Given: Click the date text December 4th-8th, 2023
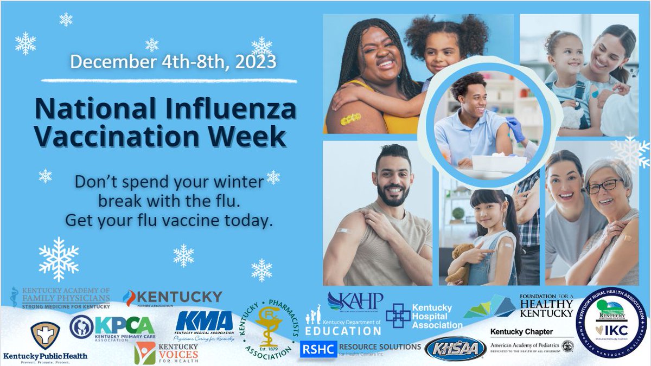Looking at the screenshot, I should pos(173,61).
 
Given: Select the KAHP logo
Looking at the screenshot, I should pos(355,302).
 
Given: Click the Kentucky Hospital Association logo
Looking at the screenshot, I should pos(424,316).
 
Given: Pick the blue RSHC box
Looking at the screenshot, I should pos(317,350).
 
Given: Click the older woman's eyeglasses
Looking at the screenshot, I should pos(603,187).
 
